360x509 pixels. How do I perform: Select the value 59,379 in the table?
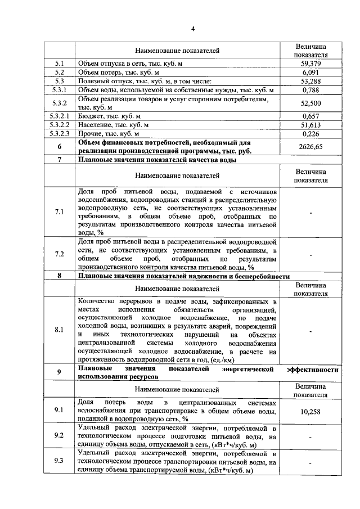310,64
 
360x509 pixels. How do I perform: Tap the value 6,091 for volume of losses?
310,73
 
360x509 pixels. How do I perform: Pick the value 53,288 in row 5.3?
310,81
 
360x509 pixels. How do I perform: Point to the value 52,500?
310,103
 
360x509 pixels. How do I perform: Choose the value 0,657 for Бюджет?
310,116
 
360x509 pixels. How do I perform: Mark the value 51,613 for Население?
310,125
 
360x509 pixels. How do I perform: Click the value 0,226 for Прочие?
310,134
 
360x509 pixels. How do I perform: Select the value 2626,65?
310,147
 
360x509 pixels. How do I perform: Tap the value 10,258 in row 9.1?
310,412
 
